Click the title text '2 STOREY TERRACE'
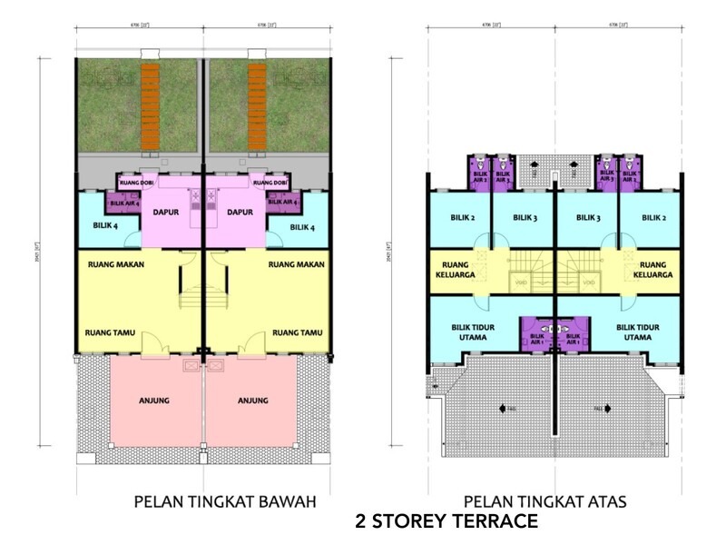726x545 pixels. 448,521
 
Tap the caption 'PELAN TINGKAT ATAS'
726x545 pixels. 544,500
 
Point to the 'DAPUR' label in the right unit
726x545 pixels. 239,213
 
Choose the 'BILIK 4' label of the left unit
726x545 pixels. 105,226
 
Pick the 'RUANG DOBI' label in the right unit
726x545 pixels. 271,183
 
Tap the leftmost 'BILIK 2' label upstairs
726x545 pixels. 463,218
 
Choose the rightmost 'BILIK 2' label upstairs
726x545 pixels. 652,218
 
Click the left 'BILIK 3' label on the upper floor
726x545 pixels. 525,218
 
